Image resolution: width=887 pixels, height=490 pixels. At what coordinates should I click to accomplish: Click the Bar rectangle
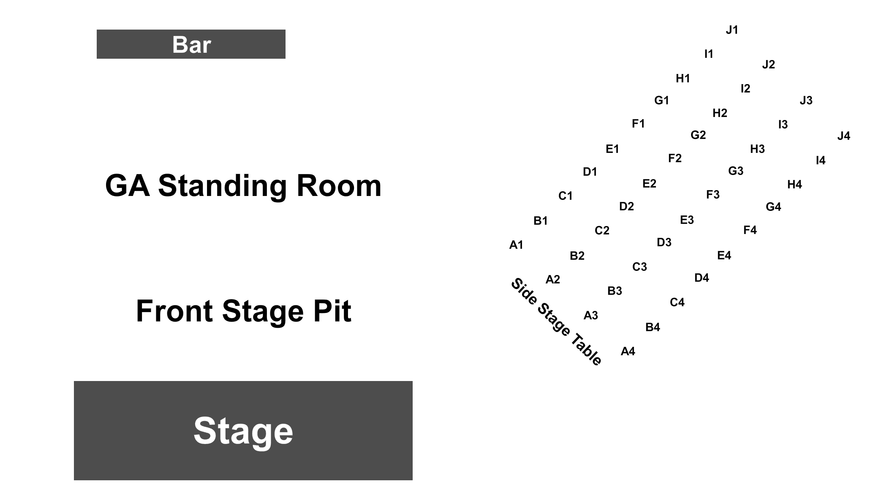tap(191, 44)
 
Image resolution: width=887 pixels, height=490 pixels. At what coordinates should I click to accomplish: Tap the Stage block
tap(243, 430)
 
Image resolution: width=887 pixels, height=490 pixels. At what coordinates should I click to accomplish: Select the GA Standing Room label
tap(243, 185)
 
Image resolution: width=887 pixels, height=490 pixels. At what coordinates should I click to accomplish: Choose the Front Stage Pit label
tap(243, 311)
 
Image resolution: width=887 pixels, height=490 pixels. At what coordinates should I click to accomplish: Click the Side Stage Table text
tap(556, 321)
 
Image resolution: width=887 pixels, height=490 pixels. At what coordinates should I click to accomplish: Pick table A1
tap(516, 245)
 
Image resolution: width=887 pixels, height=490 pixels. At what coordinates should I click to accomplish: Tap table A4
tap(628, 351)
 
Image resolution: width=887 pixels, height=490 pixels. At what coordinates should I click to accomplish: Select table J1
tap(732, 30)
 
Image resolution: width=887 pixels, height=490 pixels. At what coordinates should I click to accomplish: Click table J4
tap(843, 136)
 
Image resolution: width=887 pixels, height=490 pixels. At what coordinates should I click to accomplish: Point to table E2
tap(649, 184)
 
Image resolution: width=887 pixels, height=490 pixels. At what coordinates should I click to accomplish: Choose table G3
tap(736, 171)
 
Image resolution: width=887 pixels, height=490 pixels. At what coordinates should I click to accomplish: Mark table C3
tap(639, 267)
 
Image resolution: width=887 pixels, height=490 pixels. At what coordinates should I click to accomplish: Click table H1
tap(683, 79)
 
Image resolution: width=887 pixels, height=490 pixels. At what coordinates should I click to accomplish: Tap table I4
tap(820, 161)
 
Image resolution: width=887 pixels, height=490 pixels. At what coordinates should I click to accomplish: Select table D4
tap(702, 278)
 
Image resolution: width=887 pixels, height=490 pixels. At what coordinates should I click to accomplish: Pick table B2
tap(577, 256)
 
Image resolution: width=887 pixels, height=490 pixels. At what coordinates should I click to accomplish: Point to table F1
tap(638, 124)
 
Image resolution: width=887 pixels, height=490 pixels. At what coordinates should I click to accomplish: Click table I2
tap(746, 89)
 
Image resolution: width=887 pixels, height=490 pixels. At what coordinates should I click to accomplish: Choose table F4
tap(750, 230)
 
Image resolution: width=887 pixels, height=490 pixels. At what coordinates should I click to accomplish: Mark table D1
tap(590, 172)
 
